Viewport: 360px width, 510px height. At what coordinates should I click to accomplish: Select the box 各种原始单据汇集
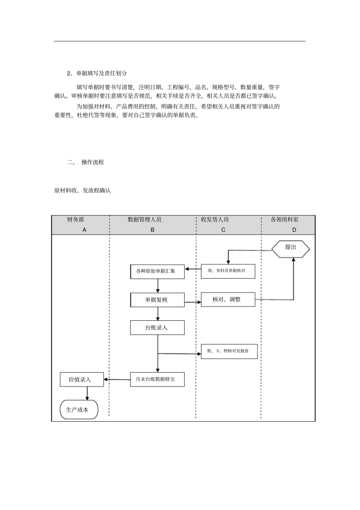(157, 271)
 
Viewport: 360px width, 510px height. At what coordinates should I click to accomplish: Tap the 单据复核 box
(157, 300)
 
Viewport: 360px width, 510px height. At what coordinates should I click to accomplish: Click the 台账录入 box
(157, 328)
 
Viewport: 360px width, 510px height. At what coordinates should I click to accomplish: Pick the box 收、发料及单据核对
(228, 271)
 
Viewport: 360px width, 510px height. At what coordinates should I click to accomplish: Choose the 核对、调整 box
(228, 300)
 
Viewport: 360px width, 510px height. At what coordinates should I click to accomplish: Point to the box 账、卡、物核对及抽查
(229, 351)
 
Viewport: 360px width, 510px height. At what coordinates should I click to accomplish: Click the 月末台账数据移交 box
(157, 379)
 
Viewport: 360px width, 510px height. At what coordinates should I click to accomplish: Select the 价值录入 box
(81, 380)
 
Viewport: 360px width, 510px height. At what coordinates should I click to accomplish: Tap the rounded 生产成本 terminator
(79, 410)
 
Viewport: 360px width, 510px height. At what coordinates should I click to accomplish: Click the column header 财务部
(76, 220)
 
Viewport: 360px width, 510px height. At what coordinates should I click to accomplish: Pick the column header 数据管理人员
(145, 220)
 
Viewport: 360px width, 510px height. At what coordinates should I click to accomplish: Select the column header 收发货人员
(215, 220)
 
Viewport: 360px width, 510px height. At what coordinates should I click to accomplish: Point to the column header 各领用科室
(285, 220)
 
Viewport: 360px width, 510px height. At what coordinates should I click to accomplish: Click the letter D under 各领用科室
(294, 230)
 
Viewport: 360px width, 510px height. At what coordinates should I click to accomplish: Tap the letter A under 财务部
(84, 230)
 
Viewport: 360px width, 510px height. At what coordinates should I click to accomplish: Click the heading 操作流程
(92, 162)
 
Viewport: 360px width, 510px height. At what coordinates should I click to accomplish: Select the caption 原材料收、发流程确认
(83, 190)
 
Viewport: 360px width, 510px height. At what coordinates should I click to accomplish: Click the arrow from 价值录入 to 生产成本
(87, 393)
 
